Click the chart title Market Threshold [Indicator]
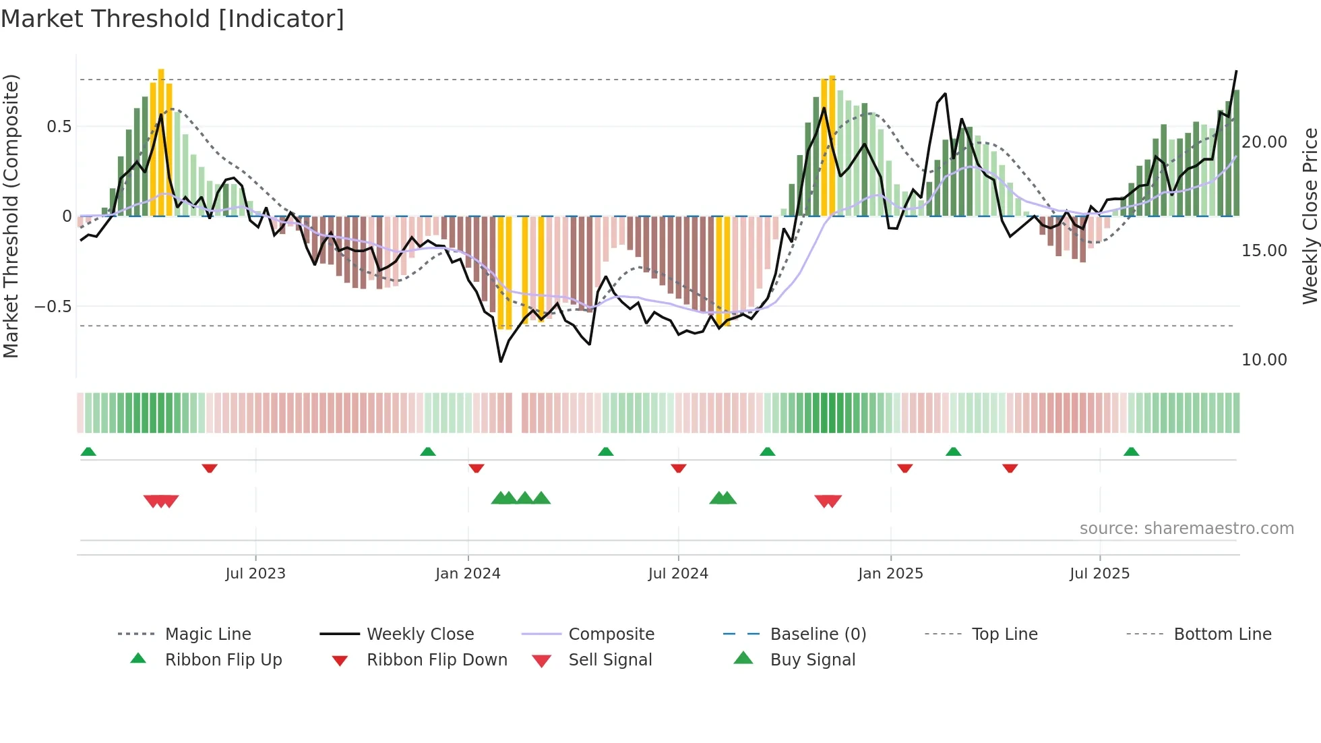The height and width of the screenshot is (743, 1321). tap(173, 19)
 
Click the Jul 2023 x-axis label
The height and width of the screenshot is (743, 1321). tap(255, 574)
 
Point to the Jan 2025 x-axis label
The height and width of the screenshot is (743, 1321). tap(890, 574)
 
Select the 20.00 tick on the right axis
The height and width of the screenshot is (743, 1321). tap(1264, 142)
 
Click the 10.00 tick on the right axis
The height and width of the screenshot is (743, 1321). tap(1264, 360)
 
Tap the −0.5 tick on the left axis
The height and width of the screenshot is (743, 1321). tap(53, 307)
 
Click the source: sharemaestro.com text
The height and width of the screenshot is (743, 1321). tap(1186, 529)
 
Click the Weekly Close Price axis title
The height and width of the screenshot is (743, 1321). tap(1310, 216)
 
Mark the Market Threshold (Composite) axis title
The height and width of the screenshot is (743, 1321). tap(11, 216)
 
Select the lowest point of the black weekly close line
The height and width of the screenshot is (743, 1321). tap(501, 362)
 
